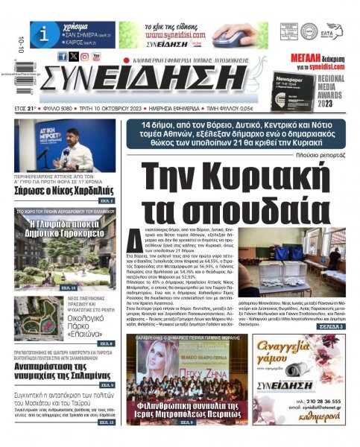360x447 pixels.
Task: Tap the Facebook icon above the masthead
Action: click(x=62, y=56)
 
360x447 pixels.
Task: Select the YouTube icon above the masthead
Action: click(x=96, y=56)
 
